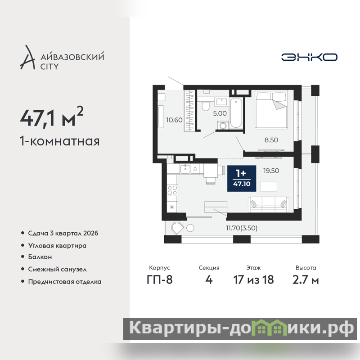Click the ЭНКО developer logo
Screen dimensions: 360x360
coord(309,57)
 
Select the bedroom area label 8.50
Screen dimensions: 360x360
coord(271,140)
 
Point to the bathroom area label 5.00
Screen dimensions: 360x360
coord(220,113)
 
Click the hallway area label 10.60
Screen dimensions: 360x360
coord(174,120)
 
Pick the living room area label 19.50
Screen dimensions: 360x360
coord(271,171)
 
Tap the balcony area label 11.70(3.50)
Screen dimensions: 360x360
coord(242,228)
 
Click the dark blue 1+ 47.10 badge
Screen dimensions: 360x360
coord(242,178)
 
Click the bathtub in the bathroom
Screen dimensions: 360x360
coord(236,113)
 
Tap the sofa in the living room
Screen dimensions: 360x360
coord(268,204)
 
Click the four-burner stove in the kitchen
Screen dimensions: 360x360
coord(172,190)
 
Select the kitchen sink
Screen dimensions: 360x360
coord(185,169)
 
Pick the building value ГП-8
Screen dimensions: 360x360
coord(160,279)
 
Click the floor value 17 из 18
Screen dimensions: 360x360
coord(253,279)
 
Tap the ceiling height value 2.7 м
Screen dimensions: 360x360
coord(306,279)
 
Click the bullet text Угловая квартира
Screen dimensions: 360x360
coord(57,246)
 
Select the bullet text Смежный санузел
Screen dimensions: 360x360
coord(58,269)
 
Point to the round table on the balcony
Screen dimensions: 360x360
coord(190,228)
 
